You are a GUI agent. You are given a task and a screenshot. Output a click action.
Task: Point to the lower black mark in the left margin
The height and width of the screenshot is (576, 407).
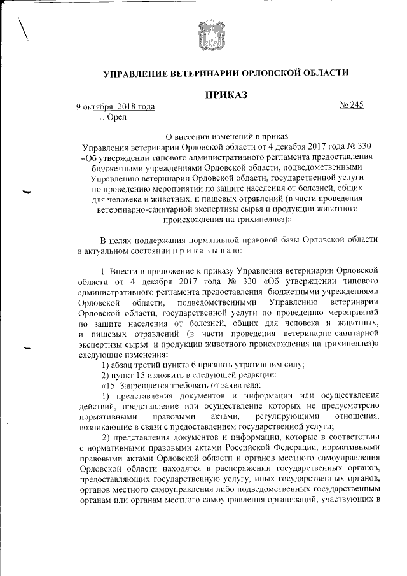[x=26, y=348]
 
